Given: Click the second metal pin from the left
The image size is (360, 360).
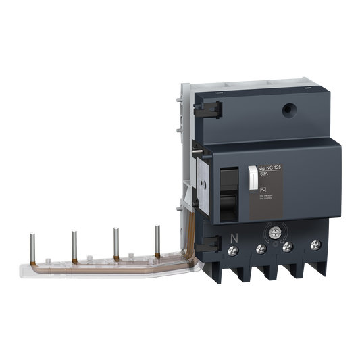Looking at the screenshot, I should click(72, 242).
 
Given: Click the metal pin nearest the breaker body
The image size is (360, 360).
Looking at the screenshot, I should click(157, 236).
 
